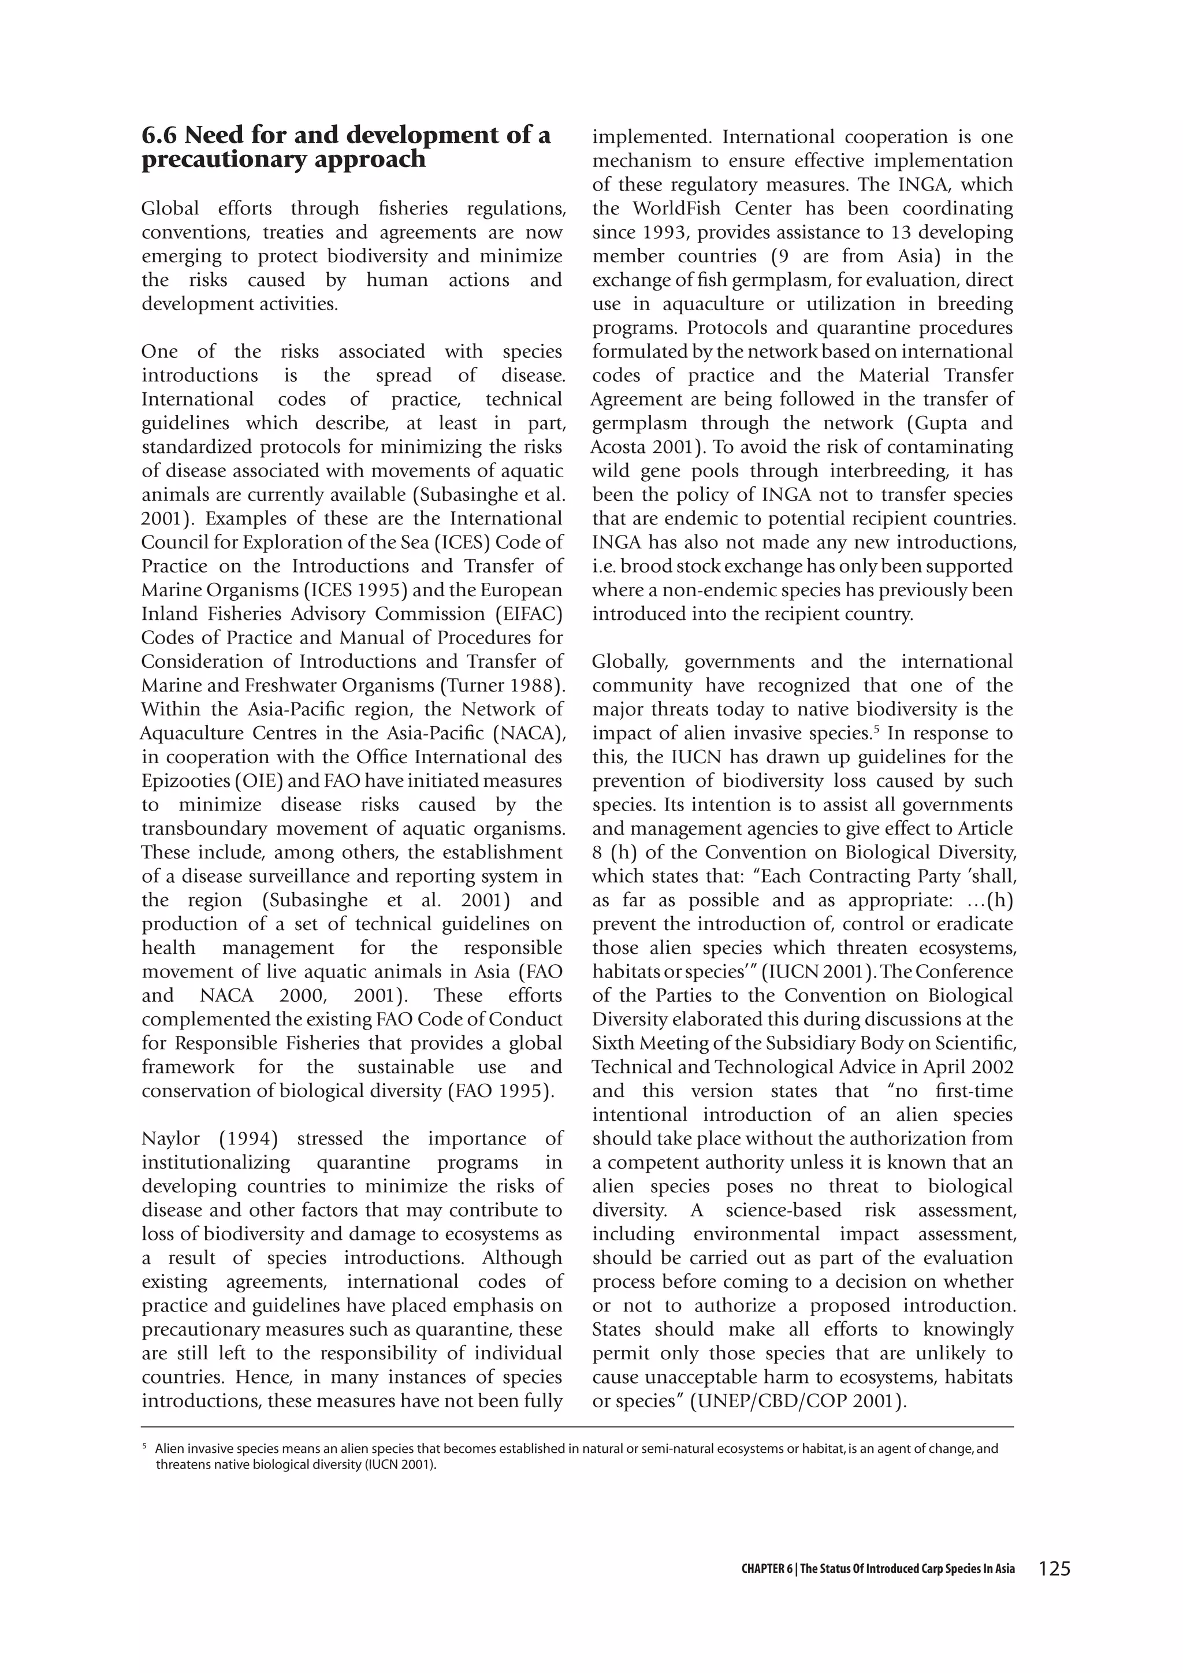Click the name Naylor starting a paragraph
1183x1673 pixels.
coord(170,1139)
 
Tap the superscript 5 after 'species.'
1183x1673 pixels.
coord(875,728)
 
